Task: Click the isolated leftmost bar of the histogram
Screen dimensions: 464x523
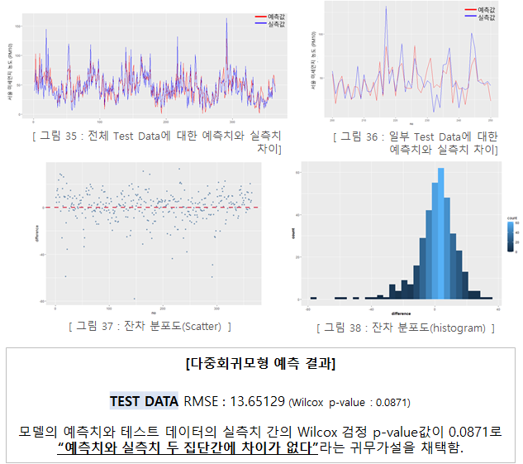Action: [x=312, y=298]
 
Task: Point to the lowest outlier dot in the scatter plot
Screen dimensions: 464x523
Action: [x=134, y=299]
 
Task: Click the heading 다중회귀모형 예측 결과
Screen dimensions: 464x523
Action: [x=261, y=364]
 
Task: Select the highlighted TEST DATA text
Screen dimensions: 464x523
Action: [x=144, y=401]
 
